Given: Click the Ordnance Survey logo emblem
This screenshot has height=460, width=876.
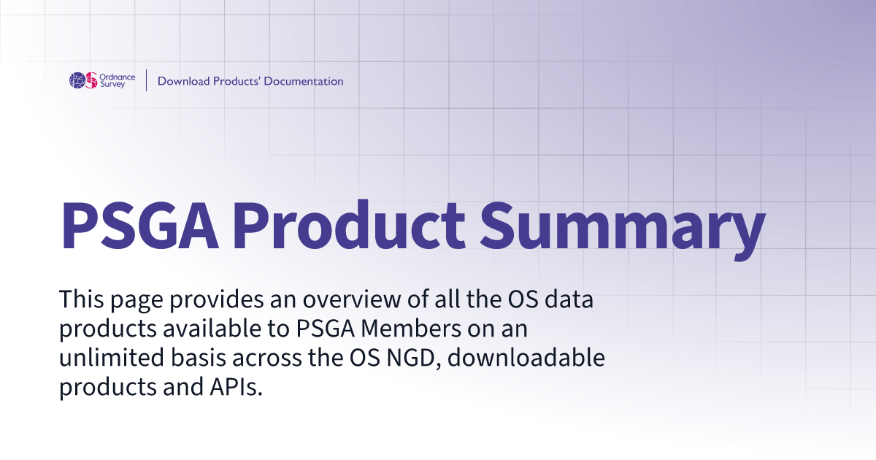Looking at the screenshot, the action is coord(83,80).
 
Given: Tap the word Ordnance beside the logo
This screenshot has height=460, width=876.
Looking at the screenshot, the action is coord(118,77).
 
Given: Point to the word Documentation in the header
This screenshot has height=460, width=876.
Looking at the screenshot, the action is coord(304,81).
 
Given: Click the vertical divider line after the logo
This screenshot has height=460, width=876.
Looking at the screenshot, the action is coord(147,80).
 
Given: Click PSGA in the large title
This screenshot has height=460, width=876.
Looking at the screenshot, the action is coord(139,226).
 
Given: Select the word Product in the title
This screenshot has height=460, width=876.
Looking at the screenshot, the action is coord(349,226).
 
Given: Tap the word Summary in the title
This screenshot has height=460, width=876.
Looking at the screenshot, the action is coord(622,231).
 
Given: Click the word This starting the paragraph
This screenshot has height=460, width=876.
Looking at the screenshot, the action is coord(81,299).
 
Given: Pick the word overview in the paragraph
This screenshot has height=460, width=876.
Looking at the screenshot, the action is coord(352,299).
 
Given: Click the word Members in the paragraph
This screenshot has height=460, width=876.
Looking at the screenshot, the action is coord(411,328).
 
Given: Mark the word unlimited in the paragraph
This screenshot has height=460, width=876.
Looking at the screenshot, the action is coord(112,357).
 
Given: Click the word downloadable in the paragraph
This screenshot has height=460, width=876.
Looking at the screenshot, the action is coord(526,357).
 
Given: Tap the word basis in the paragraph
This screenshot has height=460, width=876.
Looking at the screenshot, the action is coord(199,357).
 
